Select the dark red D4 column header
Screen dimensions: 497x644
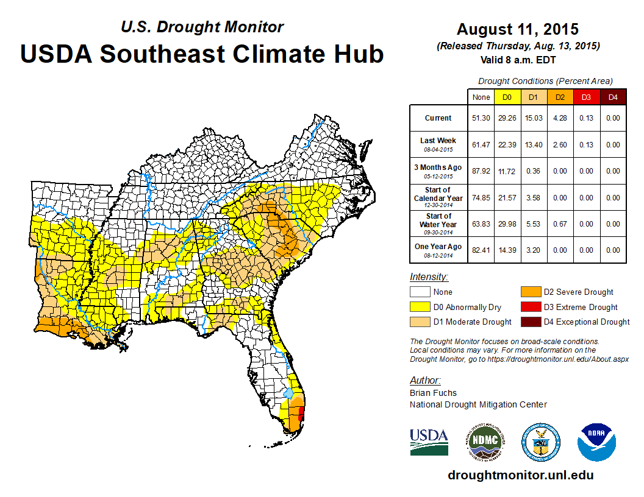click(613, 97)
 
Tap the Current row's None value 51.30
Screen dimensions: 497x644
click(481, 118)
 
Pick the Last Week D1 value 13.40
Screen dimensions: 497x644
click(533, 144)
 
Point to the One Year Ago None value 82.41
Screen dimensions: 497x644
click(481, 250)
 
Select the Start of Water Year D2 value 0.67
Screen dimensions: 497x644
click(559, 224)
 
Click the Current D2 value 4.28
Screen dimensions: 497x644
click(559, 118)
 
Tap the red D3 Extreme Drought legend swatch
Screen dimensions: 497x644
click(528, 307)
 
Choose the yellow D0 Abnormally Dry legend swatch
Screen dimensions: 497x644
click(420, 307)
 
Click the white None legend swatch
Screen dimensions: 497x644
click(420, 292)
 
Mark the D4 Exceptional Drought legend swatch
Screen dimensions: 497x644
click(528, 322)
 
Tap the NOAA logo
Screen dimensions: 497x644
click(596, 442)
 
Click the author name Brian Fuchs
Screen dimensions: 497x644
click(433, 393)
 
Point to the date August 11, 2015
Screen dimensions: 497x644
click(518, 29)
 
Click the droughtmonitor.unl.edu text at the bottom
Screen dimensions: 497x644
click(520, 475)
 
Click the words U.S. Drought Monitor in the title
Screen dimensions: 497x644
click(202, 27)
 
